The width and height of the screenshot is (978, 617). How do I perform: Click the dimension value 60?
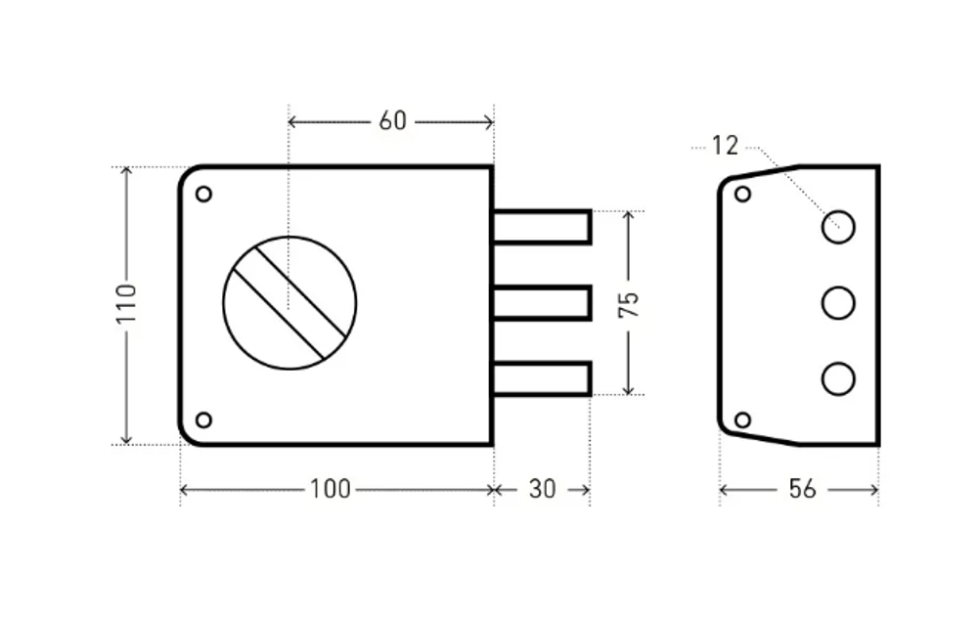point(392,121)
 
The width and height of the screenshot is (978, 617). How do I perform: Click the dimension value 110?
point(125,306)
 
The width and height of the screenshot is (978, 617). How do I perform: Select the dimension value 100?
point(330,489)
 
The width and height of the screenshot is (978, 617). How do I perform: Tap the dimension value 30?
point(542,489)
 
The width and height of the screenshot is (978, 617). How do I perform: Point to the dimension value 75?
point(629,303)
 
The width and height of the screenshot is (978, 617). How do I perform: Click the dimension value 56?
point(801,489)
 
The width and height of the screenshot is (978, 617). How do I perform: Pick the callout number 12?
point(725,147)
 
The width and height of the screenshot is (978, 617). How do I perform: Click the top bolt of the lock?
point(542,227)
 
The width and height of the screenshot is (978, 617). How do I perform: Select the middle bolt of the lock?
point(542,303)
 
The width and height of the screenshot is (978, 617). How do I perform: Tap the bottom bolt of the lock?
point(542,378)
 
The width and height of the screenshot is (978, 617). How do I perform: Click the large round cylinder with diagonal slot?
point(289,303)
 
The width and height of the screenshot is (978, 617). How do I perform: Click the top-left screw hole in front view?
point(203,194)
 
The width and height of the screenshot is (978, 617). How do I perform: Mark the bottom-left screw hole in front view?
point(203,420)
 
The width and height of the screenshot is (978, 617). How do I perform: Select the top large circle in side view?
point(838,227)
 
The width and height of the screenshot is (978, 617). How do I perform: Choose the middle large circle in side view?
point(838,303)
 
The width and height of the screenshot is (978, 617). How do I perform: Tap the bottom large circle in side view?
point(838,378)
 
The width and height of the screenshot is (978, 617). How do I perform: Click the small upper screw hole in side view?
point(742,194)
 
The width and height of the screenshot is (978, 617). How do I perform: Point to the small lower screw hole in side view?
point(742,420)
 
